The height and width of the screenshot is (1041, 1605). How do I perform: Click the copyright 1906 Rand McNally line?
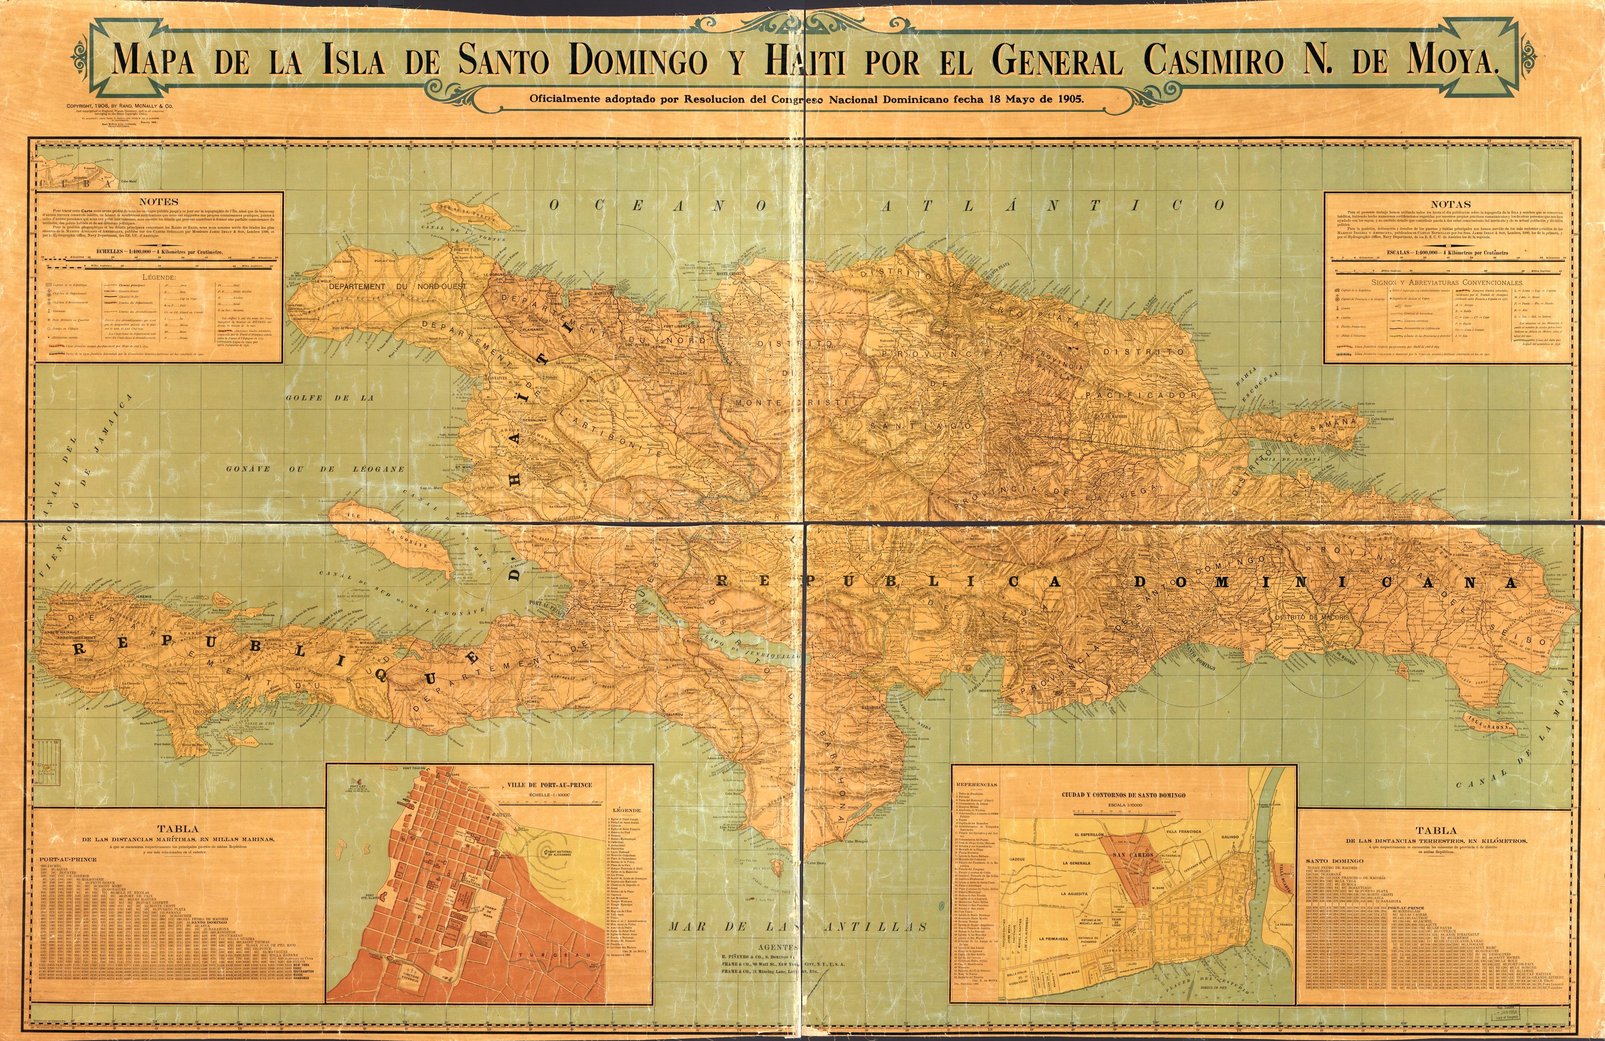(120, 106)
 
